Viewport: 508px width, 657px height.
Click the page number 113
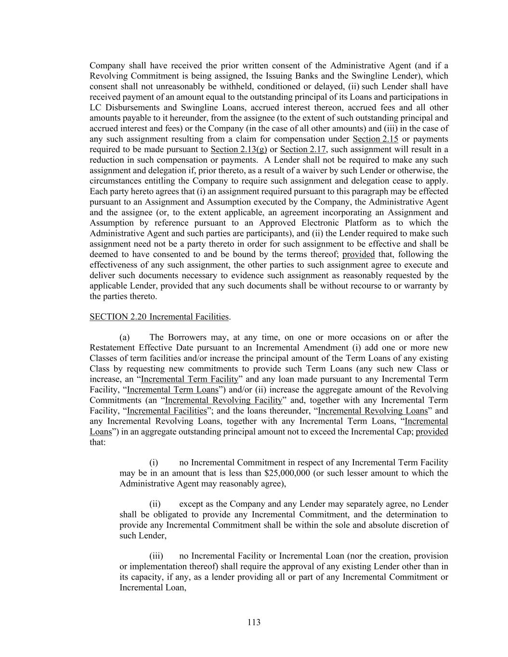click(254, 622)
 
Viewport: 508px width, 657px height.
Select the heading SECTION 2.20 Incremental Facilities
click(159, 317)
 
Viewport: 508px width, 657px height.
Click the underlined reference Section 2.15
click(375, 139)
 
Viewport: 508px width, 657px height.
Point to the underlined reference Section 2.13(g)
click(238, 150)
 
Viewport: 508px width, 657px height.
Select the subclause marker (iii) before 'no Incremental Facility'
click(156, 556)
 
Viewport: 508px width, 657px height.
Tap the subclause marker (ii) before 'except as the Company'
click(155, 504)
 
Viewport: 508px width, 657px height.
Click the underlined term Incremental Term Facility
click(189, 379)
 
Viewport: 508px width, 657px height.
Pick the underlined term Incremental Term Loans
click(172, 390)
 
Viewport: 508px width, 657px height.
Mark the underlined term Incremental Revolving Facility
click(223, 400)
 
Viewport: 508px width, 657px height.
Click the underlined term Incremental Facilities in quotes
click(167, 411)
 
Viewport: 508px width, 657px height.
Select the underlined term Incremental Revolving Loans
click(373, 411)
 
